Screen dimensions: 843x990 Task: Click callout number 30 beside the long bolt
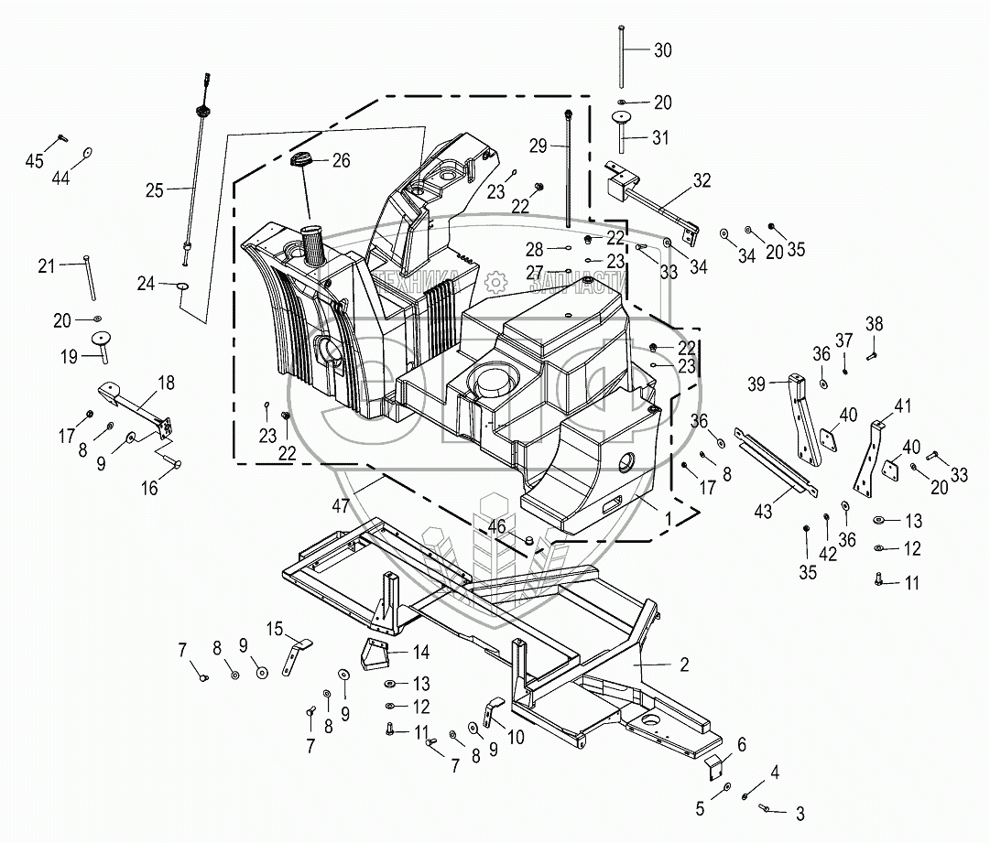(x=662, y=51)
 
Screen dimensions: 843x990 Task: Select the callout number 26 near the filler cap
(x=341, y=161)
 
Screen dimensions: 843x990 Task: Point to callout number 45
(x=34, y=161)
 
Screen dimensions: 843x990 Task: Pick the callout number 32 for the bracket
(x=702, y=180)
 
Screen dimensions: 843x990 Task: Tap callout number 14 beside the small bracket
(x=420, y=653)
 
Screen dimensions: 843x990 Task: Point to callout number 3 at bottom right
(x=800, y=812)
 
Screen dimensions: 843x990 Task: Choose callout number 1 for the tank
(x=669, y=518)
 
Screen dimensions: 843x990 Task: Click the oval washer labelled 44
(x=89, y=152)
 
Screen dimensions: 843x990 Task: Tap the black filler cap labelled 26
(x=301, y=161)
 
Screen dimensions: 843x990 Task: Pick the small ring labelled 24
(x=181, y=286)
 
